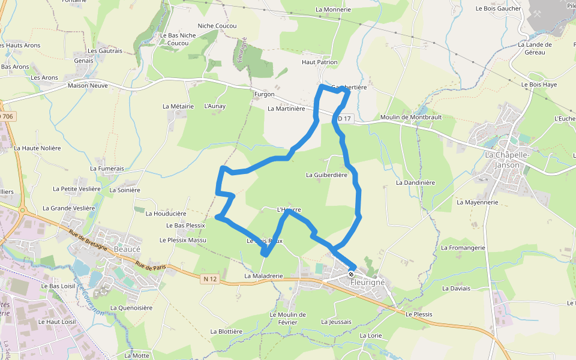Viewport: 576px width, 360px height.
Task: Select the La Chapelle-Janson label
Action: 507,160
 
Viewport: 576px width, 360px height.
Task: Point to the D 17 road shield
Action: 344,118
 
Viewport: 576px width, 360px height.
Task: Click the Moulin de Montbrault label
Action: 411,117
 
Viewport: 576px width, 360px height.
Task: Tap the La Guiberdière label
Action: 326,175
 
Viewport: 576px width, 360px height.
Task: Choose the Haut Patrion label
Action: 319,62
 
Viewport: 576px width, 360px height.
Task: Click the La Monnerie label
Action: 333,10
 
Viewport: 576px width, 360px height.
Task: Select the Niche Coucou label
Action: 217,26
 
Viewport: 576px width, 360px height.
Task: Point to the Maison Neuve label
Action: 88,85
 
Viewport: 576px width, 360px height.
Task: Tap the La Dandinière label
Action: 415,182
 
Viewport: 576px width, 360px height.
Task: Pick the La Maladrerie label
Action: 263,276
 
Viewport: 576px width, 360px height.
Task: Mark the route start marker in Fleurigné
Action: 352,274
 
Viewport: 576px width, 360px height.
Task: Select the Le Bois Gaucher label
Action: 498,8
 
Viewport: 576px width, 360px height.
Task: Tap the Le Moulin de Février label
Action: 287,318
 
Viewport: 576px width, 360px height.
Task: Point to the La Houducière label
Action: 166,213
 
